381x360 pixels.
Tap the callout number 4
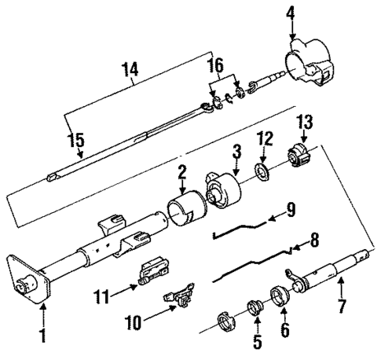[x=291, y=13]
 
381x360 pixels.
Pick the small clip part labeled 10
[x=178, y=299]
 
